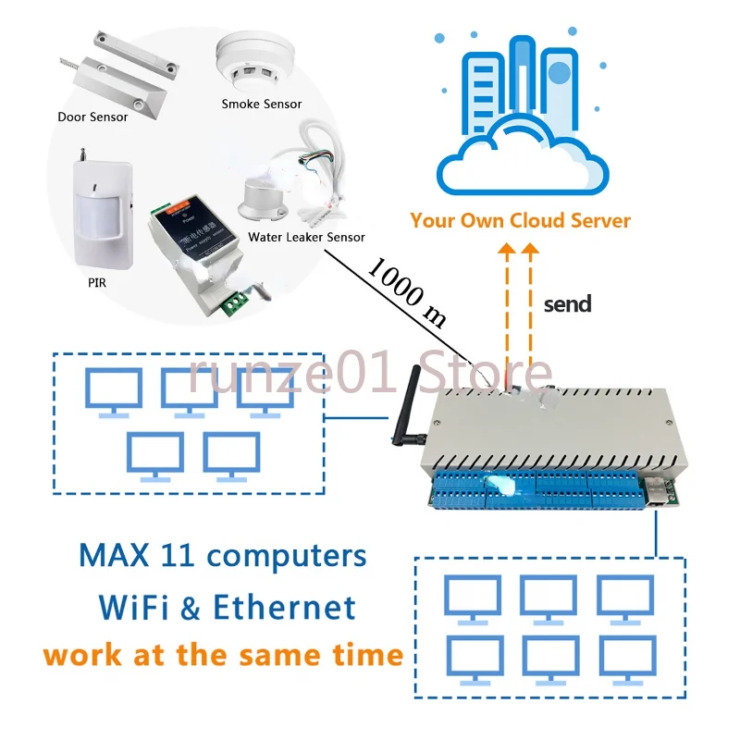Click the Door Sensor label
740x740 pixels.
tap(92, 117)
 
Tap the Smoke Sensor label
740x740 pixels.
tap(262, 104)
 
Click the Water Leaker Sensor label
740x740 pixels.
tap(306, 237)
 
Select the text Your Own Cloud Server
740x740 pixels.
tap(521, 221)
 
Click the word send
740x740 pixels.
tap(567, 304)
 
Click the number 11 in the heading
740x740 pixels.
tap(179, 556)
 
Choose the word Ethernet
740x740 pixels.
tap(284, 607)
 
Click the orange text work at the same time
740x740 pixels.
tap(223, 655)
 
